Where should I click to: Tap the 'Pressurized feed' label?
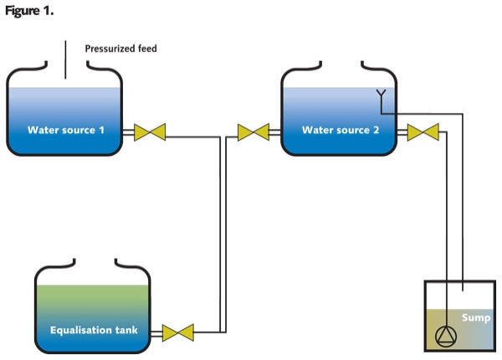click(120, 49)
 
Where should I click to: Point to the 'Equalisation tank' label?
click(94, 329)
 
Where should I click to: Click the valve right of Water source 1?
click(150, 131)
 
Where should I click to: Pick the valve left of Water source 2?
click(253, 131)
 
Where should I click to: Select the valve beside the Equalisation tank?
click(177, 331)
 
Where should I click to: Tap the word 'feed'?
click(146, 49)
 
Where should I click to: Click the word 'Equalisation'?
click(80, 329)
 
